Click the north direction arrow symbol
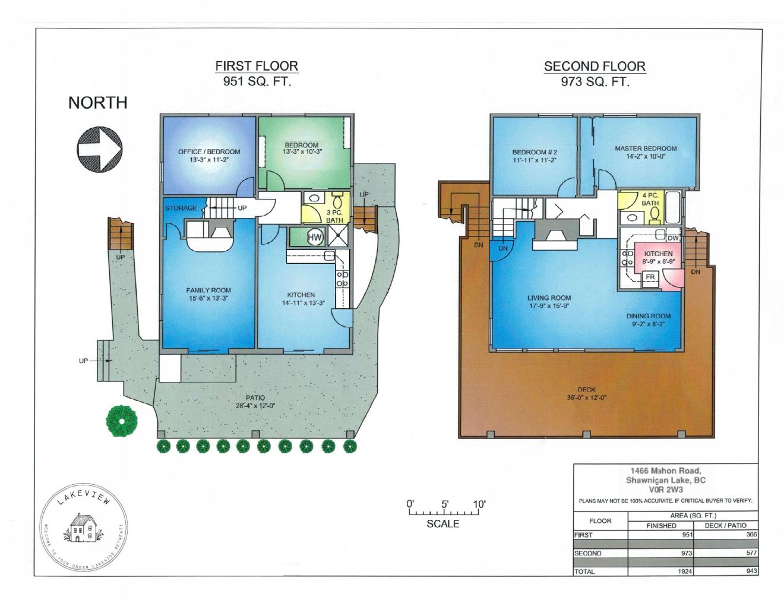pyautogui.click(x=99, y=149)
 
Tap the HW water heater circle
pyautogui.click(x=315, y=237)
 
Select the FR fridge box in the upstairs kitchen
pyautogui.click(x=650, y=277)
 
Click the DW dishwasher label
pyautogui.click(x=674, y=238)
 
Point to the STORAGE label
pyautogui.click(x=181, y=208)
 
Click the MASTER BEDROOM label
pyautogui.click(x=646, y=149)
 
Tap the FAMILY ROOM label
pyautogui.click(x=208, y=290)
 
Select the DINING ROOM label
pyautogui.click(x=649, y=316)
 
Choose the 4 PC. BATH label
pyautogui.click(x=650, y=199)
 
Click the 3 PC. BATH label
pyautogui.click(x=335, y=217)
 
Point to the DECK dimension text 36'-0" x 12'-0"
pyautogui.click(x=586, y=398)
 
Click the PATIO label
pyautogui.click(x=255, y=397)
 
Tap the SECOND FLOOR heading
pyautogui.click(x=595, y=67)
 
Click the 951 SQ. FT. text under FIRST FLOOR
pyautogui.click(x=257, y=81)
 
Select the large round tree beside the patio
pyautogui.click(x=122, y=421)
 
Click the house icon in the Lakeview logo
pyautogui.click(x=84, y=528)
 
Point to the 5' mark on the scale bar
pyautogui.click(x=444, y=504)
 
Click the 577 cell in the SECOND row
pyautogui.click(x=752, y=553)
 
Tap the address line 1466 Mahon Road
pyautogui.click(x=666, y=471)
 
